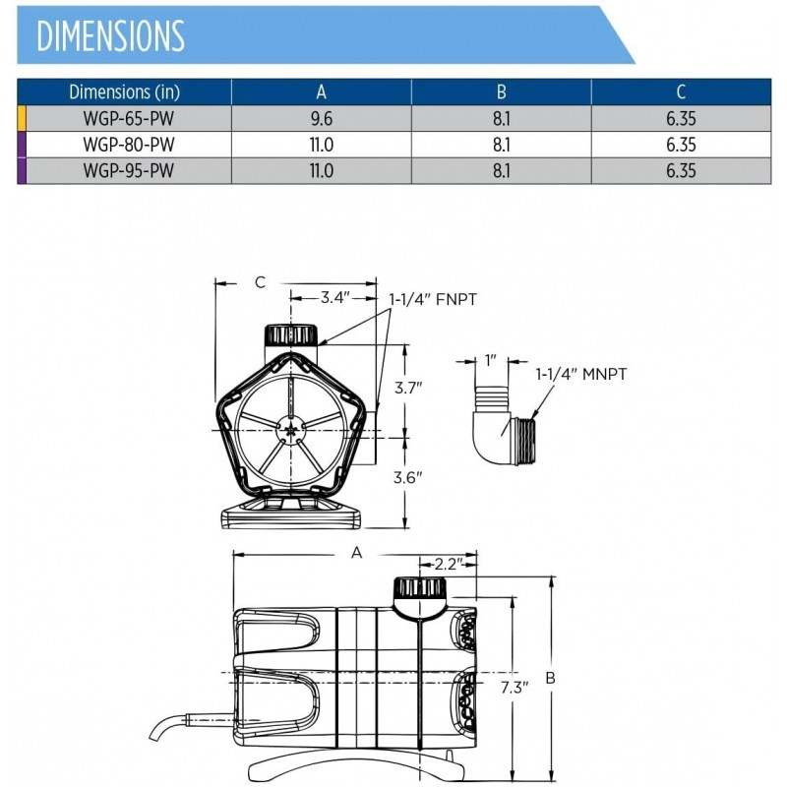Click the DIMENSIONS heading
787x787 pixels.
(x=110, y=35)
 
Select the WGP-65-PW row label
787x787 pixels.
(x=124, y=118)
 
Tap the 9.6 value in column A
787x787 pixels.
(x=321, y=118)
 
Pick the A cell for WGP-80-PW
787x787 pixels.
(x=321, y=144)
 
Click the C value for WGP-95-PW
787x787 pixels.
(x=680, y=169)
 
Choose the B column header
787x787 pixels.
(x=501, y=92)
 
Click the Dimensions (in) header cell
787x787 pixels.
(x=124, y=92)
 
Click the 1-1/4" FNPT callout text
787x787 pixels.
(x=433, y=298)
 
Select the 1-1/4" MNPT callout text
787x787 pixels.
(x=581, y=374)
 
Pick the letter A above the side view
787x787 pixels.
(x=357, y=553)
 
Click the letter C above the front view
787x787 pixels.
(x=260, y=282)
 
